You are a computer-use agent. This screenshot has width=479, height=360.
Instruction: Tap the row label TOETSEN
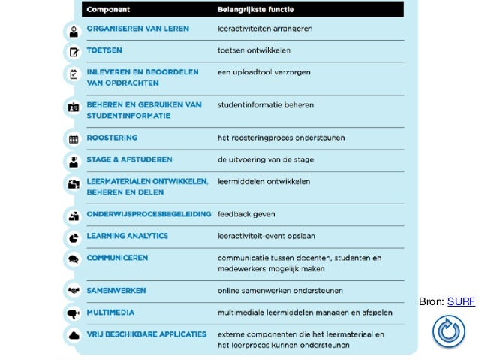click(104, 51)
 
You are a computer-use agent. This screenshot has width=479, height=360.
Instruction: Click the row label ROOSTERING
click(111, 138)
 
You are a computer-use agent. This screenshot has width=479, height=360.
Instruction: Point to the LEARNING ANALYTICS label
click(127, 236)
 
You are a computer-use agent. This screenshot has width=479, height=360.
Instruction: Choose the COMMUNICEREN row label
click(117, 258)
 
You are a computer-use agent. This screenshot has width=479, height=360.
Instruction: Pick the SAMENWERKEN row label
click(116, 290)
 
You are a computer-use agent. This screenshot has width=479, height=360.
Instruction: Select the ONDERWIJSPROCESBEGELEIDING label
click(149, 214)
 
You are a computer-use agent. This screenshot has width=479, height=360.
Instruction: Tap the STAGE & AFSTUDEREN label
click(129, 160)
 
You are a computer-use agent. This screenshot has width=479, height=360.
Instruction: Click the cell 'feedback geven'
click(246, 214)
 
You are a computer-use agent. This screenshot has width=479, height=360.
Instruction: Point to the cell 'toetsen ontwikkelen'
click(253, 51)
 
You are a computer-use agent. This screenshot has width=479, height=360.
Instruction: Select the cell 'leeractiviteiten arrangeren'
click(264, 29)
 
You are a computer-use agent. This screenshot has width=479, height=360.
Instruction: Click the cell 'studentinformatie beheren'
click(265, 105)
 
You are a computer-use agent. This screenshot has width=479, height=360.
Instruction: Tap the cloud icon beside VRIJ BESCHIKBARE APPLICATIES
click(74, 335)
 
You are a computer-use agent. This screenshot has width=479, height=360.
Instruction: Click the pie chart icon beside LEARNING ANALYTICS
click(74, 237)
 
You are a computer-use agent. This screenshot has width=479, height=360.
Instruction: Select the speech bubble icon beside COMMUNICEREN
click(74, 259)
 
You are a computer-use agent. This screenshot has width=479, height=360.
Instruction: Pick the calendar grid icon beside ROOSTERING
click(74, 140)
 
